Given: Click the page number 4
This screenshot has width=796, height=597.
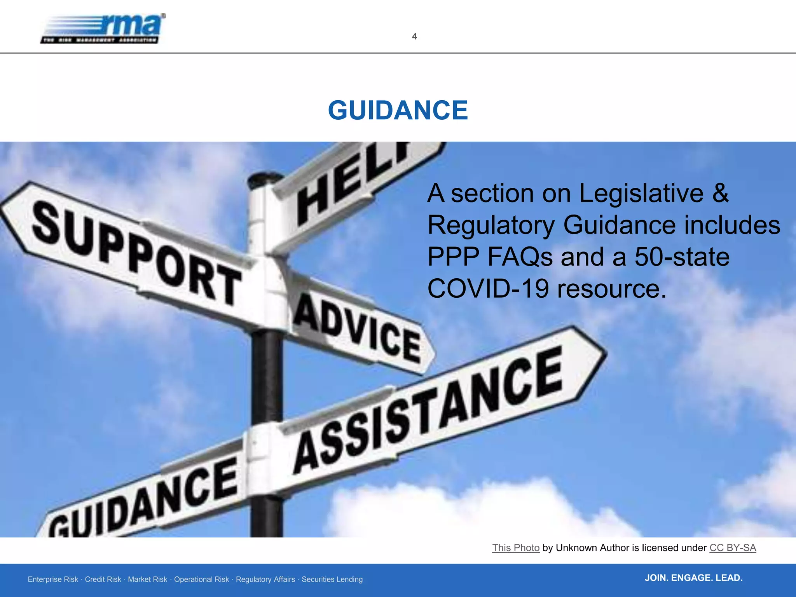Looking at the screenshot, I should click(x=414, y=37).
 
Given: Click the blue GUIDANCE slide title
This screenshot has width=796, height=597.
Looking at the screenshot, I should click(x=398, y=110).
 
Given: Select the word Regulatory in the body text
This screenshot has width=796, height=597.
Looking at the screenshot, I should click(x=491, y=225).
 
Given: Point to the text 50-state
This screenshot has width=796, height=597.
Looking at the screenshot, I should click(x=682, y=257).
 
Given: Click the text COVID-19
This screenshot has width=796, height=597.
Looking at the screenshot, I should click(x=488, y=289).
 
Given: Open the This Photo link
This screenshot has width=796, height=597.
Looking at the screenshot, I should click(x=516, y=548).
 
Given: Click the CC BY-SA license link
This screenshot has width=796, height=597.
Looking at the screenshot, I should click(x=733, y=548).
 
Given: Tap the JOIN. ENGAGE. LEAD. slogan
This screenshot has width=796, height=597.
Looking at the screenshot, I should click(x=693, y=578).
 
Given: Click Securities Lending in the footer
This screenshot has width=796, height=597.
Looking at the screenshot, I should click(x=332, y=580).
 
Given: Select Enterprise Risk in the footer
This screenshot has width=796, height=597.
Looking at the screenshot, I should click(x=53, y=580).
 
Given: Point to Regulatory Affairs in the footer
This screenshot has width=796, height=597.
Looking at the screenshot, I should click(x=265, y=580).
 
